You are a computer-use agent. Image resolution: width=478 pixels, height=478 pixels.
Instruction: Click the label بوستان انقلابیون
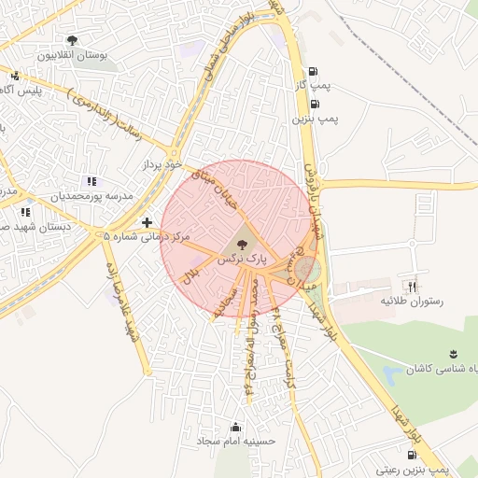click(x=73, y=55)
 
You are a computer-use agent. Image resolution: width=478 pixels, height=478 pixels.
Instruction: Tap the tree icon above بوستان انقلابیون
click(x=73, y=39)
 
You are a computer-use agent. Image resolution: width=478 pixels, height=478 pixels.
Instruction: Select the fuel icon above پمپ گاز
click(x=312, y=71)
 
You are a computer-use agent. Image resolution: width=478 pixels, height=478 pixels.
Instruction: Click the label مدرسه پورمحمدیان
click(x=93, y=196)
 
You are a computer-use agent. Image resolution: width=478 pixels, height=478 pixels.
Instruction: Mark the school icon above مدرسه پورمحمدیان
click(x=90, y=181)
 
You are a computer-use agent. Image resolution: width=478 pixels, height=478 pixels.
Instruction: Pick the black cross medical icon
click(x=147, y=222)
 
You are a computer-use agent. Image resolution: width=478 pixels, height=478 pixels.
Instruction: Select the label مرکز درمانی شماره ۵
click(x=147, y=238)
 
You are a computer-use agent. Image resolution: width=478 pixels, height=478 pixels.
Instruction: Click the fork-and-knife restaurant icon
click(x=412, y=286)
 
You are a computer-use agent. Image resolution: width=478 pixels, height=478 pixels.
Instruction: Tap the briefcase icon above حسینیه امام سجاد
click(x=232, y=426)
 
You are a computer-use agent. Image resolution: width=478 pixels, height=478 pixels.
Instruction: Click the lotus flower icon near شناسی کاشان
click(x=453, y=352)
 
